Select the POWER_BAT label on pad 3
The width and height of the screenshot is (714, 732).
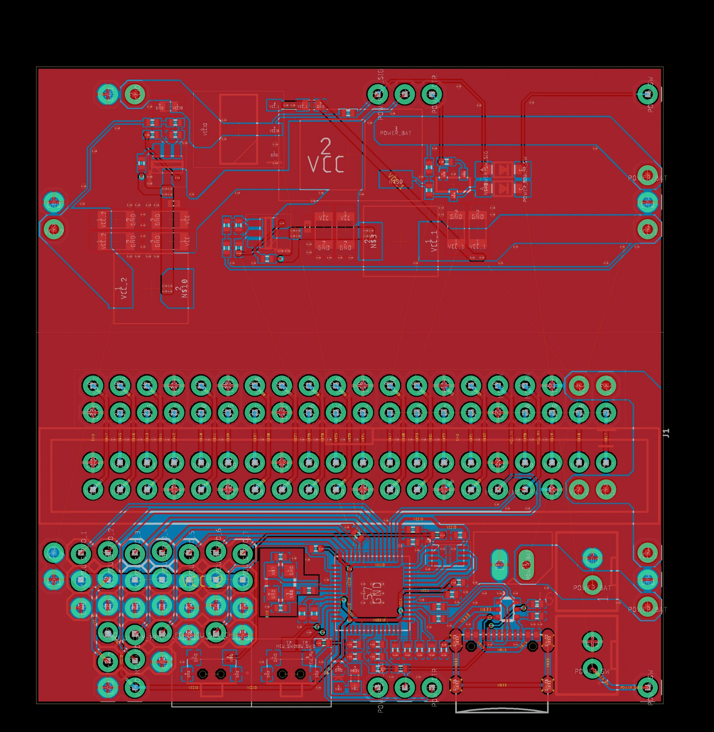coord(396,133)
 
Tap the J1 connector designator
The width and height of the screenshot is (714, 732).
coord(666,433)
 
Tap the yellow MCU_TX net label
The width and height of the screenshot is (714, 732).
coord(511,438)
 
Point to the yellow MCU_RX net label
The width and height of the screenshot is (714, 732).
coord(538,438)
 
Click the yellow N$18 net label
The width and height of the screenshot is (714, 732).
coord(579,437)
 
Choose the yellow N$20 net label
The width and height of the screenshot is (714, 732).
coord(525,437)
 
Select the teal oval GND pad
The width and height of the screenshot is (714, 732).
coord(499,564)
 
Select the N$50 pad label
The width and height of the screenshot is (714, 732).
coord(396,182)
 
